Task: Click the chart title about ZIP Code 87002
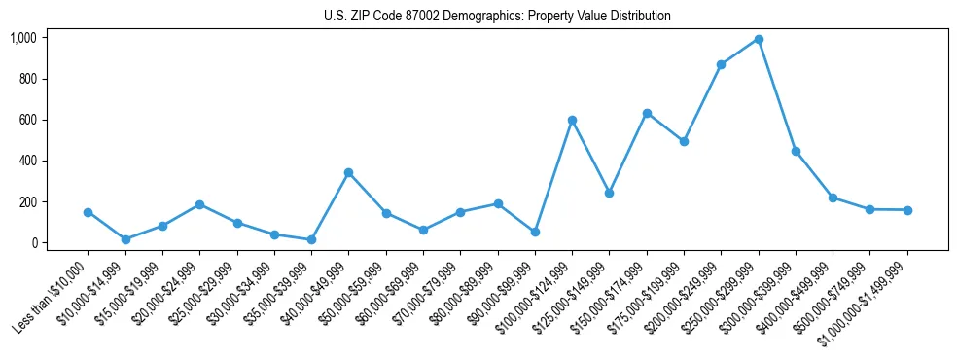pos(497,17)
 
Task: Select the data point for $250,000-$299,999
pos(759,39)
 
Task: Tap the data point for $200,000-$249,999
pos(721,64)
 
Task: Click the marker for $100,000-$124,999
pos(572,120)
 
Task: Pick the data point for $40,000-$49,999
pos(348,172)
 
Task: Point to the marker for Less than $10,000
pos(88,212)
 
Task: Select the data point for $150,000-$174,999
pos(647,113)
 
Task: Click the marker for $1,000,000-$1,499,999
pos(907,210)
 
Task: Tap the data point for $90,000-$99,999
pos(535,232)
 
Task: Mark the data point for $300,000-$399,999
pos(796,151)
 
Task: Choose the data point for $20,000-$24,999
pos(199,204)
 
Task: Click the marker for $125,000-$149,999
pos(609,193)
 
